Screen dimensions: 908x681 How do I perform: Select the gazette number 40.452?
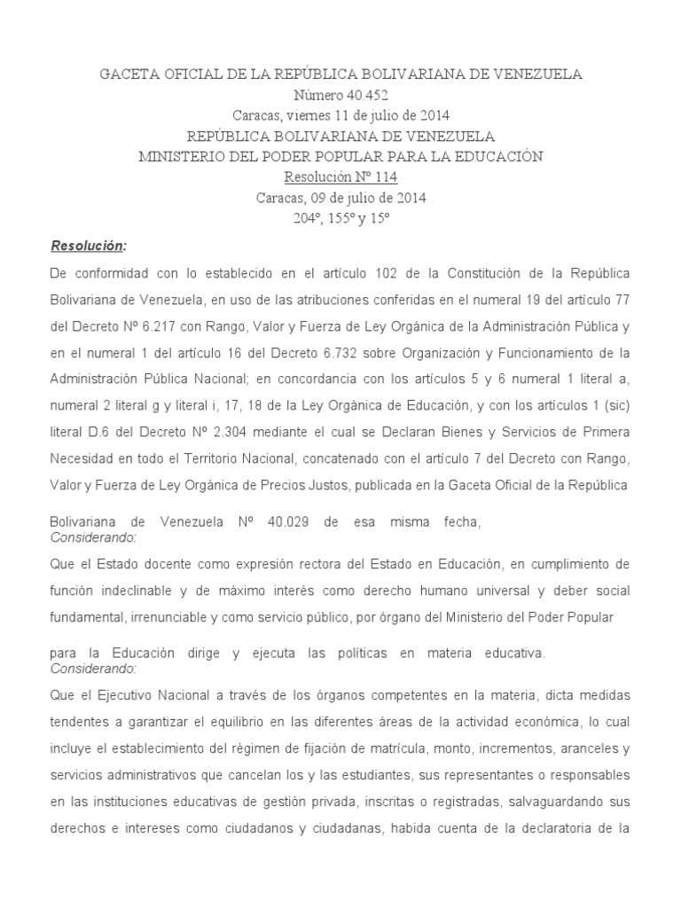click(x=363, y=95)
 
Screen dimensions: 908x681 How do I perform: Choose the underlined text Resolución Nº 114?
click(x=340, y=176)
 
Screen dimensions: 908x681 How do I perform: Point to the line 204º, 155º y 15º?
click(x=340, y=217)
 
